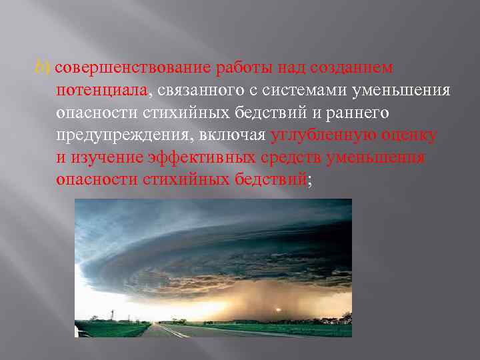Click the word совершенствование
[132, 69]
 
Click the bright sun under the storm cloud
[277, 308]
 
